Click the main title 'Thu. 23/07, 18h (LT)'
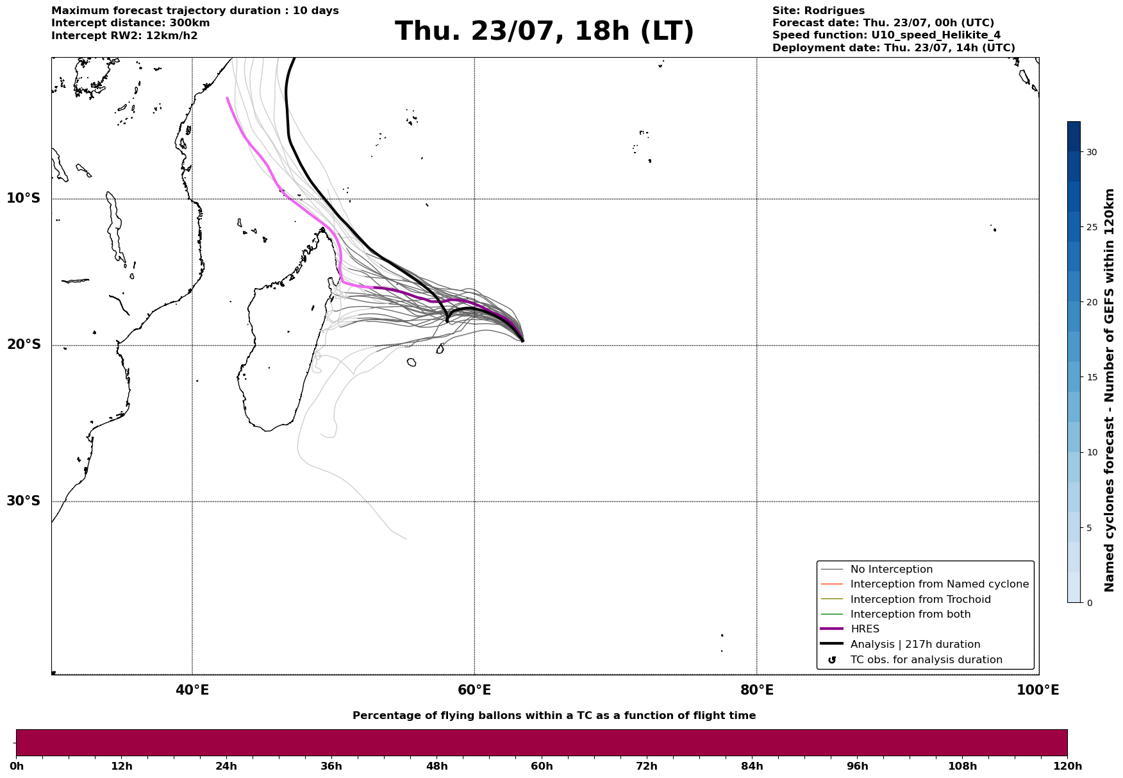544,31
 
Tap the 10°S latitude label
24,198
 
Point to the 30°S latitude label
24,501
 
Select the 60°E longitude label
474,690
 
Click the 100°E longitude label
1038,690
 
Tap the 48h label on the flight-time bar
437,766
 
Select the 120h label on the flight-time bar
1067,766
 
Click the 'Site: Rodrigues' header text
819,11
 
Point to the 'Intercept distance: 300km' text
131,23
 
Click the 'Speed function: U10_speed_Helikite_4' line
886,35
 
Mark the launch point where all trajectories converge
522,341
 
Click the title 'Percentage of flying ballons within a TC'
554,716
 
